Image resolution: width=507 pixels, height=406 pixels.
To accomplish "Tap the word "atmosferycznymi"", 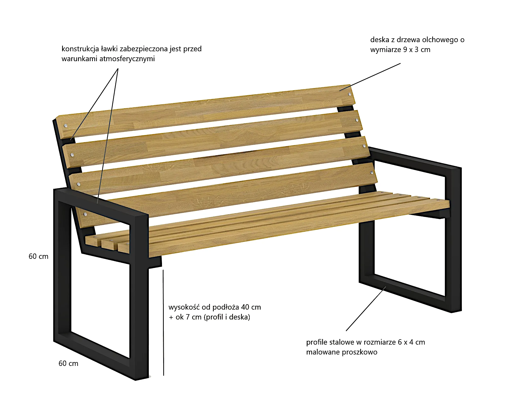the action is pyautogui.click(x=127, y=59).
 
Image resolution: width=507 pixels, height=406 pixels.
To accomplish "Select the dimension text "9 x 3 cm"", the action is pyautogui.click(x=417, y=50).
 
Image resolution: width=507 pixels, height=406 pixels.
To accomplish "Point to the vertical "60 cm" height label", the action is pyautogui.click(x=39, y=256).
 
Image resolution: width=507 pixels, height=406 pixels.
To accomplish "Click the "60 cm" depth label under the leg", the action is pyautogui.click(x=68, y=363).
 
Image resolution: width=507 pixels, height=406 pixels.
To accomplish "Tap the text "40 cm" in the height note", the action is pyautogui.click(x=251, y=307).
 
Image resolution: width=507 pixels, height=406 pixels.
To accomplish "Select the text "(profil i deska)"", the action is pyautogui.click(x=227, y=317).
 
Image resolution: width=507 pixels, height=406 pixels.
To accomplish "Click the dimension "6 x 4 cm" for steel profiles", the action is pyautogui.click(x=411, y=342).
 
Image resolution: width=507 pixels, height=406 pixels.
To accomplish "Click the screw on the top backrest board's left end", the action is pyautogui.click(x=65, y=126).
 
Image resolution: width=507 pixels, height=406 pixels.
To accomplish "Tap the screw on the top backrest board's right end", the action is pyautogui.click(x=350, y=94).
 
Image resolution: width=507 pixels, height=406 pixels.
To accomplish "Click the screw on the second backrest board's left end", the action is pyautogui.click(x=72, y=155).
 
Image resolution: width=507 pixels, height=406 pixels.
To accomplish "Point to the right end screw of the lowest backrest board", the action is pyautogui.click(x=372, y=173).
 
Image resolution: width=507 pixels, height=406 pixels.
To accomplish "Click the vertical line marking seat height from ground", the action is pyautogui.click(x=163, y=323).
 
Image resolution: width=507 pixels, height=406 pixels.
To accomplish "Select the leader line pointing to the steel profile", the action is pyautogui.click(x=366, y=309).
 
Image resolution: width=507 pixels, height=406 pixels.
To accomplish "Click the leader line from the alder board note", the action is pyautogui.click(x=370, y=77).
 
